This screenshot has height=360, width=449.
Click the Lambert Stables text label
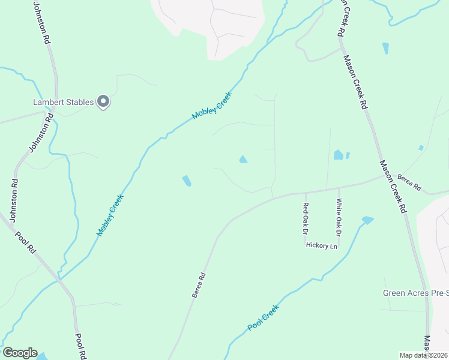pyautogui.click(x=62, y=103)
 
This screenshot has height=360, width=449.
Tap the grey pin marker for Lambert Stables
pyautogui.click(x=103, y=102)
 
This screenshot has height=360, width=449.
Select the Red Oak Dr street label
pyautogui.click(x=305, y=217)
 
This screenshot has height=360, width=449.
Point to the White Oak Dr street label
pyautogui.click(x=338, y=217)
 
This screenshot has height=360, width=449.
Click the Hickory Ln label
pyautogui.click(x=322, y=245)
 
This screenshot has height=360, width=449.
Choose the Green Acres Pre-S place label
pyautogui.click(x=415, y=293)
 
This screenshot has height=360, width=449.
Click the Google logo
pyautogui.click(x=20, y=353)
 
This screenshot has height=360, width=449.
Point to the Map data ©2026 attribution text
pyautogui.click(x=423, y=355)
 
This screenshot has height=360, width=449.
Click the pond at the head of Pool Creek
pyautogui.click(x=367, y=220)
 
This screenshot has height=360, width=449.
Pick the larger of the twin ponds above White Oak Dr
pyautogui.click(x=339, y=155)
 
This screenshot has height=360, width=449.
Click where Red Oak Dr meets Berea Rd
pyautogui.click(x=305, y=193)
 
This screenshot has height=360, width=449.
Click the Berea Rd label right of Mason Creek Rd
pyautogui.click(x=410, y=182)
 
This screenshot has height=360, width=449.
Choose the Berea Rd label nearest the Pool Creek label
pyautogui.click(x=199, y=285)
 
